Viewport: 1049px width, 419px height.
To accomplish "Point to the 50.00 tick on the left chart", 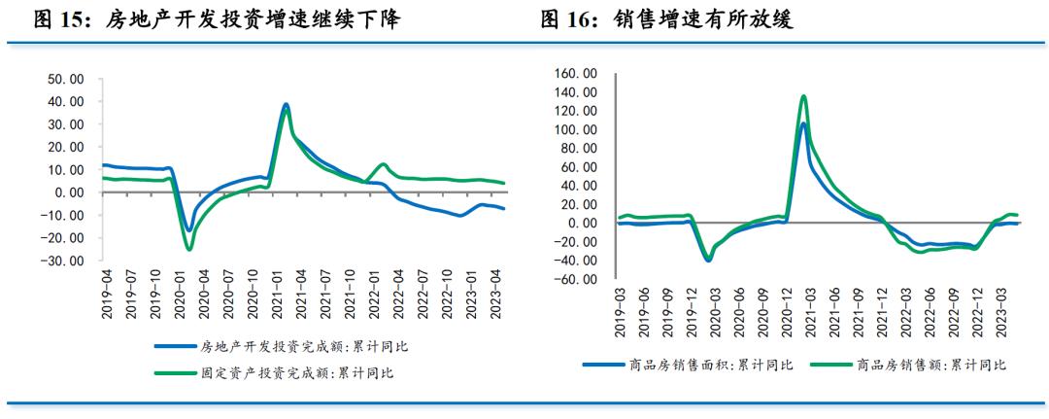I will point(64,79).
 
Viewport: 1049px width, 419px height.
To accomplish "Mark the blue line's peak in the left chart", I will point(286,104).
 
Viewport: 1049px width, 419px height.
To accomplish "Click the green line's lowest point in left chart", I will point(189,249).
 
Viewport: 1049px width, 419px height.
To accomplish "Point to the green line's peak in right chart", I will point(803,95).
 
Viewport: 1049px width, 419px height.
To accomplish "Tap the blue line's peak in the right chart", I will point(803,123).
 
